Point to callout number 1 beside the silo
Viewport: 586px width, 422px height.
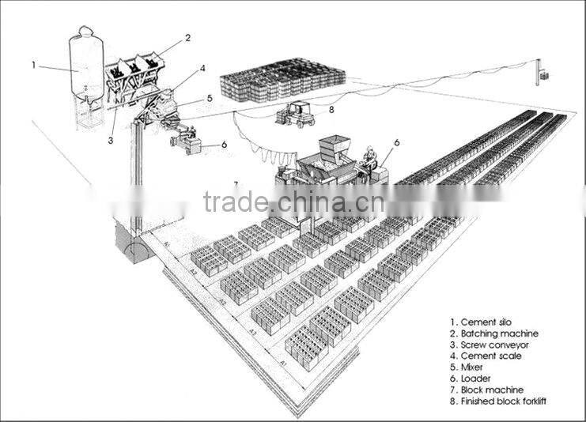pos(34,65)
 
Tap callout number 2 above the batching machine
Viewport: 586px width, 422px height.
pos(187,37)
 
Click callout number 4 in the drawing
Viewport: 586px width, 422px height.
pos(202,69)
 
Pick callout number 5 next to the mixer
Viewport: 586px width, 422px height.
pos(209,98)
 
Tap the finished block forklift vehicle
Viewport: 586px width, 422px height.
pos(294,115)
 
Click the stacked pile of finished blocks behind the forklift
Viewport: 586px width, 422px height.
pos(282,78)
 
